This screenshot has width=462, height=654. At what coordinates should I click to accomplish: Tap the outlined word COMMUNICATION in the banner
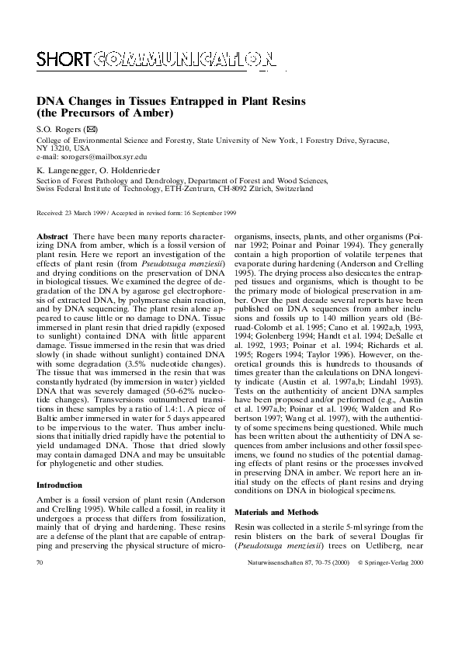coord(186,60)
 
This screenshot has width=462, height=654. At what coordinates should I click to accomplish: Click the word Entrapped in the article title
coord(207,102)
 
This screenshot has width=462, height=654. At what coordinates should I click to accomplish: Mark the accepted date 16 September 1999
coord(207,212)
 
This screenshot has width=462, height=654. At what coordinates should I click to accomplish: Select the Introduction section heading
coord(59,485)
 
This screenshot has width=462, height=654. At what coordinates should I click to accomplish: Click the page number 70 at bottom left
coord(41,559)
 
